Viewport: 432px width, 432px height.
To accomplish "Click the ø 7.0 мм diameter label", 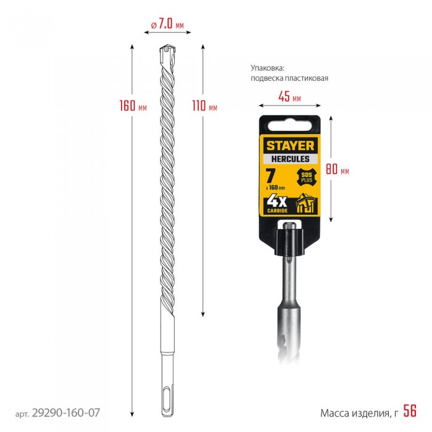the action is (x=167, y=25).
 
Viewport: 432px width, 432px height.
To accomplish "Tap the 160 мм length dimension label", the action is (x=133, y=106).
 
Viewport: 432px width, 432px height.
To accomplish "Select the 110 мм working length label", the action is (x=205, y=106).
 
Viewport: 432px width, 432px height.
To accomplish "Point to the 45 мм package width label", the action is (x=289, y=97).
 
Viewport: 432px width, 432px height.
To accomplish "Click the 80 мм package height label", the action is (x=338, y=169).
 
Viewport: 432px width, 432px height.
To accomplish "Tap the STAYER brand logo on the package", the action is (x=290, y=146).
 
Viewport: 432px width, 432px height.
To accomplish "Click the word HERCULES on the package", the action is (x=290, y=159).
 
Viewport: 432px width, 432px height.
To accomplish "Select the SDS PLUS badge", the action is (x=306, y=178).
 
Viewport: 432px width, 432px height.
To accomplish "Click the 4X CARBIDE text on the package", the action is (x=277, y=204).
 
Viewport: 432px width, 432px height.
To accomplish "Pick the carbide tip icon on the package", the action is (x=306, y=203).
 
